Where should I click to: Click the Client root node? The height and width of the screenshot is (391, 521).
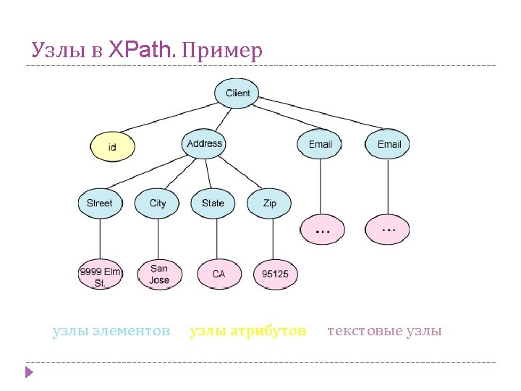point(237,93)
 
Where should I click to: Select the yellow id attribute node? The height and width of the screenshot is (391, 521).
point(112,147)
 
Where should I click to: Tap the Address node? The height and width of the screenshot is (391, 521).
point(204,143)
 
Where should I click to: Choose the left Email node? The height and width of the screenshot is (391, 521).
point(320,144)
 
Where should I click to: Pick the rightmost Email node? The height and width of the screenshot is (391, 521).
point(389,144)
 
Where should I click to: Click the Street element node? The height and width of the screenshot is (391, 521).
point(99,203)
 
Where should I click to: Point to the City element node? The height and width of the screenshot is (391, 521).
point(158,203)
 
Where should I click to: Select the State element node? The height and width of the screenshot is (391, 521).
point(213,203)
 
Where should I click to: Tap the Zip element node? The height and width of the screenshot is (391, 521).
point(269,203)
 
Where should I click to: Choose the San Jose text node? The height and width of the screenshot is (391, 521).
point(159,274)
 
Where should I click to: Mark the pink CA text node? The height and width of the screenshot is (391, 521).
point(218,274)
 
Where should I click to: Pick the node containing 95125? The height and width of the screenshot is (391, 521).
point(275,274)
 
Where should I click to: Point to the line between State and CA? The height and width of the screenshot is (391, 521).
point(216,238)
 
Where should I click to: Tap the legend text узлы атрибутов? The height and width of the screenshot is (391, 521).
point(247,332)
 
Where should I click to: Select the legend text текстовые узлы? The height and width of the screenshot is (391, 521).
point(384,332)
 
